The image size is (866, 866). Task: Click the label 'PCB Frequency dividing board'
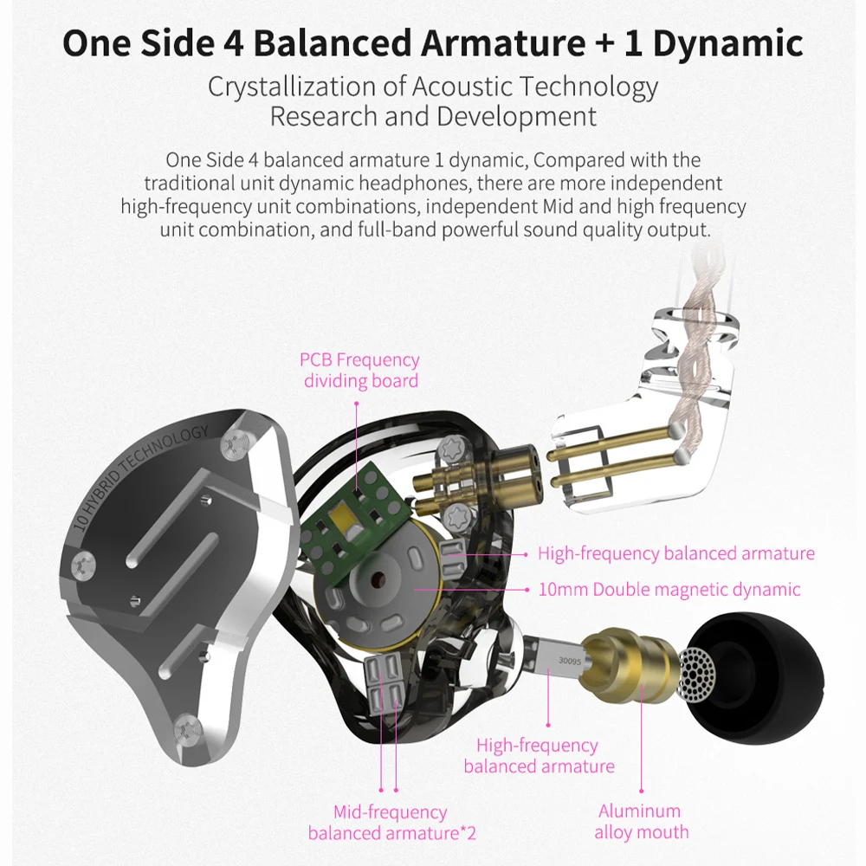359,370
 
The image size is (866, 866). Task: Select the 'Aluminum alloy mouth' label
641,822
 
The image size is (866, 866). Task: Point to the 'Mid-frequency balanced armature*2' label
391,823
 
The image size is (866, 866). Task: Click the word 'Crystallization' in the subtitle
287,87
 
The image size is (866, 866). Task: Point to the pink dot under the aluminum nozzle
642,790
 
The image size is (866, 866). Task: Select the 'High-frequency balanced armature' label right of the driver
675,553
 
